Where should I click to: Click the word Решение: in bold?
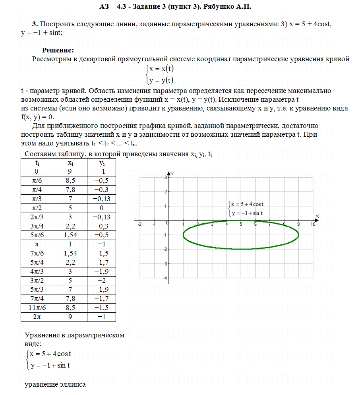(x=58, y=50)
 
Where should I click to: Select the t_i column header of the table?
(x=37, y=163)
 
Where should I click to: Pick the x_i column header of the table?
(x=70, y=163)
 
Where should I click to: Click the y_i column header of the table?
(x=102, y=163)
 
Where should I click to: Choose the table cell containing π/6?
(x=37, y=180)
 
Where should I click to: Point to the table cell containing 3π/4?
(x=37, y=226)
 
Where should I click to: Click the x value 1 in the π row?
(x=70, y=244)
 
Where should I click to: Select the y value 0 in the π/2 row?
(x=102, y=208)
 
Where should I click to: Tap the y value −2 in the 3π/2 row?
(x=102, y=280)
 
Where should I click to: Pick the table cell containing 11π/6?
(x=37, y=307)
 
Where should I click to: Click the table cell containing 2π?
(x=37, y=317)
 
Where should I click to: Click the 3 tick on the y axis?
(x=166, y=177)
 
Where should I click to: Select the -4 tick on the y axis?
(x=165, y=278)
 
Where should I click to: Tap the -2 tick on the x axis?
(x=139, y=225)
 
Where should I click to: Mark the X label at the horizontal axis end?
(x=317, y=216)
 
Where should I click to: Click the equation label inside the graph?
(x=247, y=209)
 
